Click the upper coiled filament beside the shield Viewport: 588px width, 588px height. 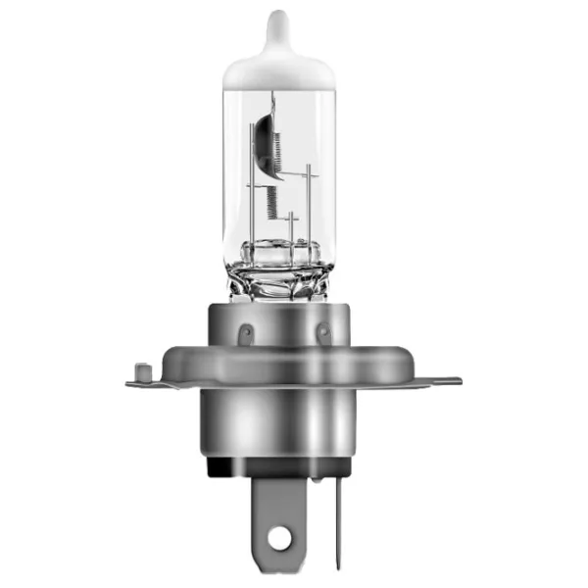pyautogui.click(x=275, y=146)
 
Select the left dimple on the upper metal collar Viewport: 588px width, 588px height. pyautogui.click(x=244, y=334)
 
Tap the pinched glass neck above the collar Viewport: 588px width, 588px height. pyautogui.click(x=279, y=279)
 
